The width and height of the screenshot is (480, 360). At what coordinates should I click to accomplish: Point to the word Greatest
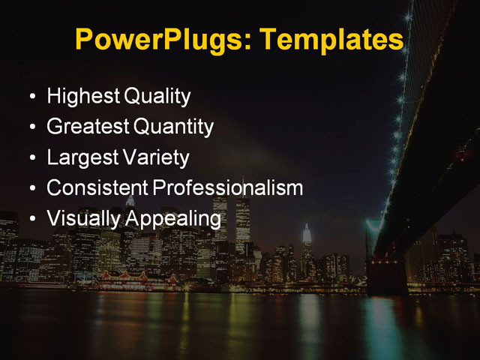(87, 127)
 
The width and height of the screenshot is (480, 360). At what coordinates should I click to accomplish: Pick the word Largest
(80, 158)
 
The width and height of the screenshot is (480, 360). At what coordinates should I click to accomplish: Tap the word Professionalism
(228, 188)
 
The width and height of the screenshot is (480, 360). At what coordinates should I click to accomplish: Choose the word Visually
(82, 219)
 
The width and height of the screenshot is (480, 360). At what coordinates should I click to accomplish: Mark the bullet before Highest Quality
(30, 97)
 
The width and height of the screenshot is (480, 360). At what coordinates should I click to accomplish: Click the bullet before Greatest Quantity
(30, 128)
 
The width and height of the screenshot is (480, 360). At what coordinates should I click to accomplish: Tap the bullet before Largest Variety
(30, 159)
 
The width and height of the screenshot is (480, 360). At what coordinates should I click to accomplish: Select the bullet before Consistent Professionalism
(30, 189)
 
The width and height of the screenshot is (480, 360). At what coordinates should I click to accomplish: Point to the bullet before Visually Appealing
(30, 220)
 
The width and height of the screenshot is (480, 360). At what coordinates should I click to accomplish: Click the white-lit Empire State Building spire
(306, 234)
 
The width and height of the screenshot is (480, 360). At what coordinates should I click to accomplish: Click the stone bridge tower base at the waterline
(387, 277)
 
